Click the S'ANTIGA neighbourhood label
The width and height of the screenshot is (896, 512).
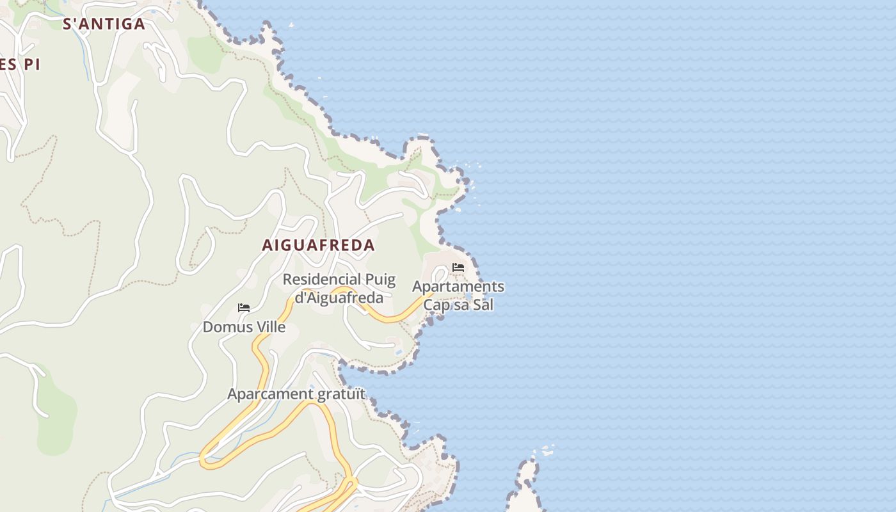coord(104,24)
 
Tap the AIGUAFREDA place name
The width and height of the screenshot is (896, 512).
coord(318,245)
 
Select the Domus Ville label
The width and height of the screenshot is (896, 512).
coord(244,327)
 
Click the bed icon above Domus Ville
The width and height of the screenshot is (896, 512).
coord(243,308)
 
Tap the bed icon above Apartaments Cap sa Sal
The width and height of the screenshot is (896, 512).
coord(458,268)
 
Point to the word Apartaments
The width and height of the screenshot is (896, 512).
coord(458,287)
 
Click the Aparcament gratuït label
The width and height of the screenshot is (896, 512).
coord(296,394)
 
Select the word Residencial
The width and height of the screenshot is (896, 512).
coord(321,280)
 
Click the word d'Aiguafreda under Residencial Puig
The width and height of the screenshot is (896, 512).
coord(339,298)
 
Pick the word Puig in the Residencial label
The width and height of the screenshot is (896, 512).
coord(380,280)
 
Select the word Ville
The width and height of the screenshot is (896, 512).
coord(271,327)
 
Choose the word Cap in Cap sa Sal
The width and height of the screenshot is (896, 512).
coord(437,305)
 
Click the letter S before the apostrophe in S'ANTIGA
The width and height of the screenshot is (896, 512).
coord(67,24)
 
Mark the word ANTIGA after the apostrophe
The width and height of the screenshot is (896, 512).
coord(112,24)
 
